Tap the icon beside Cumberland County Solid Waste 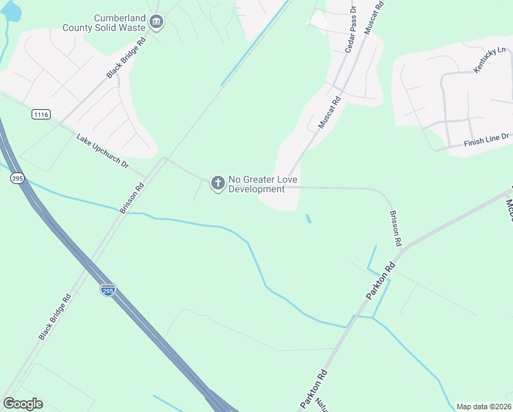(x=156, y=23)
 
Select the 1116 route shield (x=41, y=114)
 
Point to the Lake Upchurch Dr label (x=103, y=152)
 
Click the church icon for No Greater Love (x=217, y=183)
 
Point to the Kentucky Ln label (x=489, y=60)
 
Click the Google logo (x=23, y=403)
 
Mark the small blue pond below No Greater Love (x=308, y=219)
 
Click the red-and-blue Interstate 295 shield (x=108, y=290)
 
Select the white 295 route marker (x=17, y=179)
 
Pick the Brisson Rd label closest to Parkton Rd (x=395, y=229)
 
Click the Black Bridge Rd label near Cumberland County (x=126, y=58)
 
